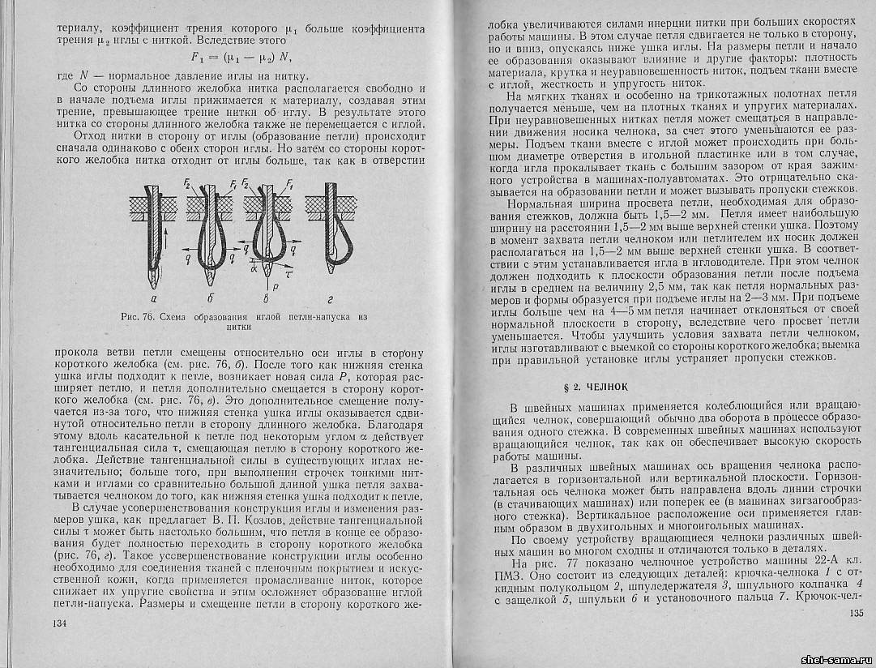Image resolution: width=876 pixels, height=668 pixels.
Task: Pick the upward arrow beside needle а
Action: pos(167,236)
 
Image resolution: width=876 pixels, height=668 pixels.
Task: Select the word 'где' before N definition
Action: pos(66,75)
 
